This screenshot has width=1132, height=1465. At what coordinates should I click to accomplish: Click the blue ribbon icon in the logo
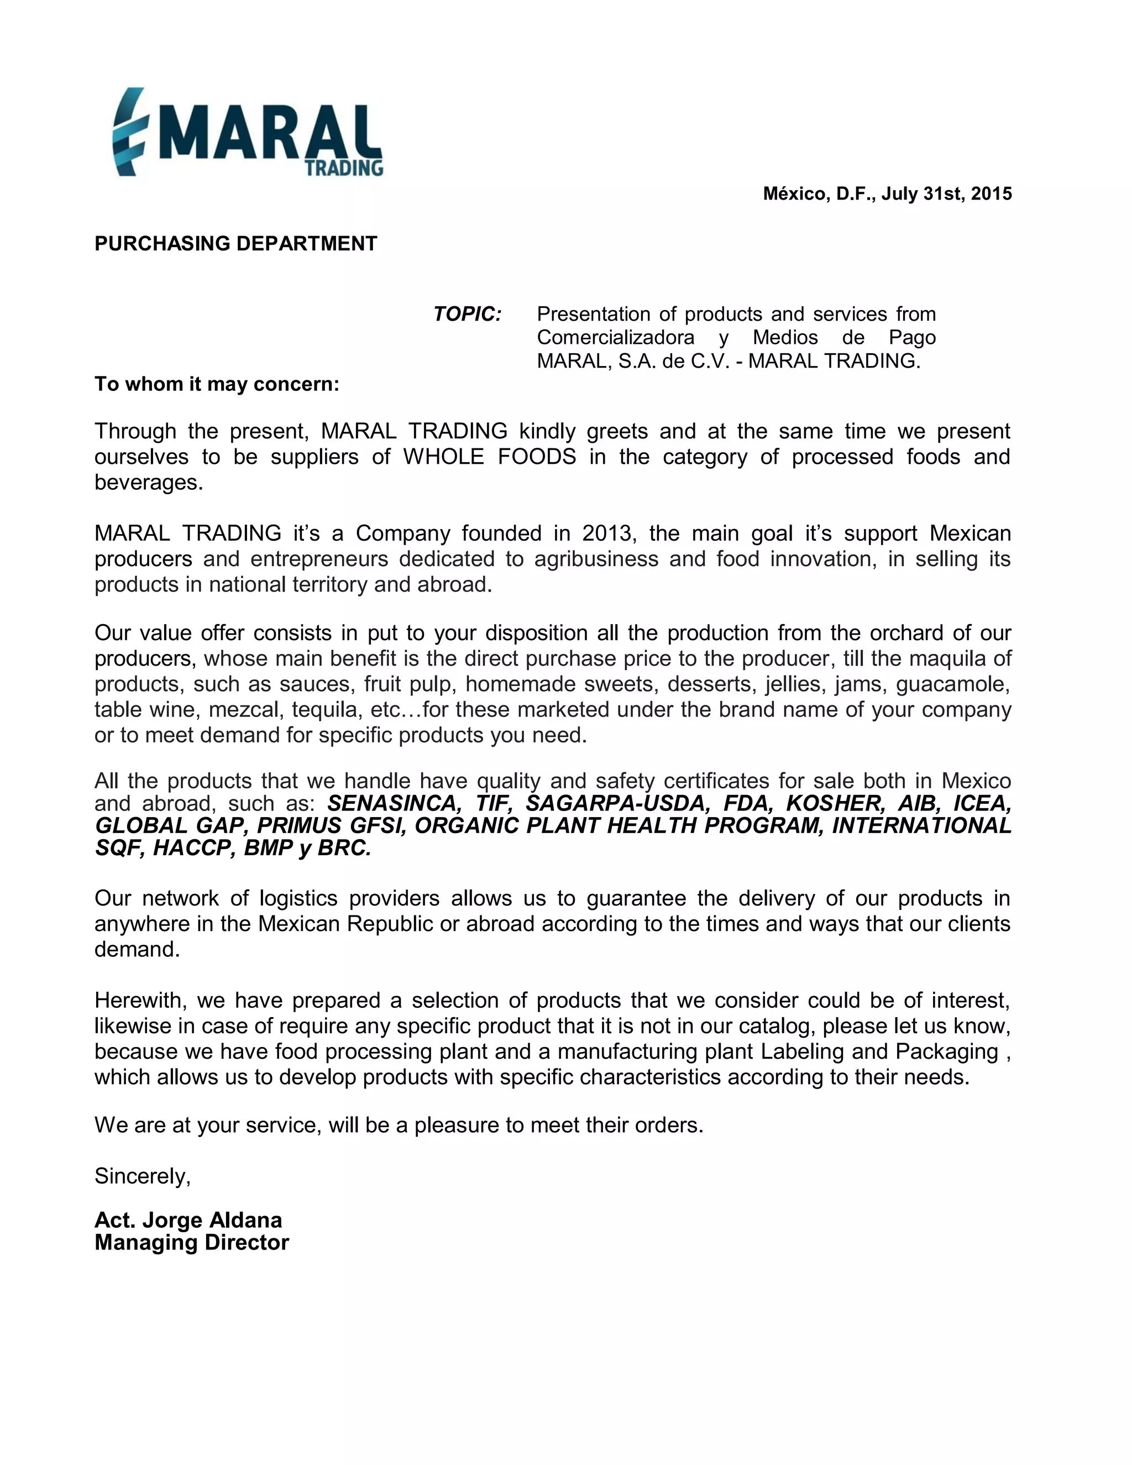click(x=129, y=132)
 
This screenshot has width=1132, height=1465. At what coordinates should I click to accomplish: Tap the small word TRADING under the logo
click(x=344, y=168)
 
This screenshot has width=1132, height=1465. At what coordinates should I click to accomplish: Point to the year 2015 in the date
click(x=991, y=194)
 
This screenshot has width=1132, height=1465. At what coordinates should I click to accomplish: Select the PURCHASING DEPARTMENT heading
click(x=236, y=243)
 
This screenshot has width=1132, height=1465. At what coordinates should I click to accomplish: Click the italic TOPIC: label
click(x=468, y=314)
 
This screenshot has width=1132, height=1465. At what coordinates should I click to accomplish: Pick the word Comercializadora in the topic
click(x=615, y=337)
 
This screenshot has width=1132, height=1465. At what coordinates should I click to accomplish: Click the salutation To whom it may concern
click(x=217, y=384)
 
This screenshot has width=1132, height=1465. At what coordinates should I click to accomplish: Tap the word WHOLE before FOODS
click(x=443, y=457)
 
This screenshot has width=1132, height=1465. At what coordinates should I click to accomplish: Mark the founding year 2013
click(x=606, y=533)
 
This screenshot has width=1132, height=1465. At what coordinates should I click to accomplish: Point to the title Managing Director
click(x=192, y=1242)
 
